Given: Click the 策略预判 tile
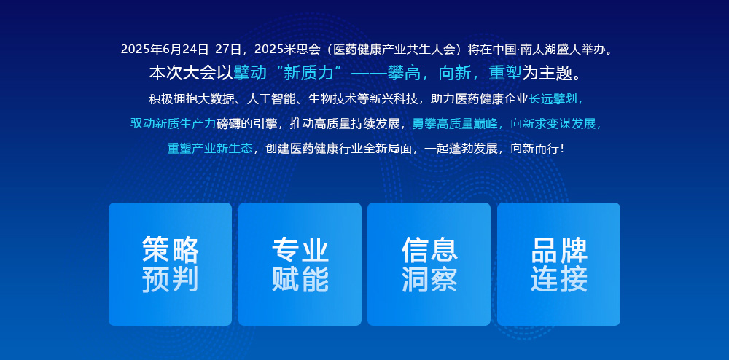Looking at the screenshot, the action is [x=170, y=264].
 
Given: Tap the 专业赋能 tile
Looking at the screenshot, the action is [x=300, y=264].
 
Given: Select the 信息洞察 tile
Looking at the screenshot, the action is [x=429, y=264].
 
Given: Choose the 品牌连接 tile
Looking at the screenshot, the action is [x=559, y=264].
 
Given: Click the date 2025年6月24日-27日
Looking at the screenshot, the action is [x=181, y=49].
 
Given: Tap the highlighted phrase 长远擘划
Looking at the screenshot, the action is [x=553, y=99].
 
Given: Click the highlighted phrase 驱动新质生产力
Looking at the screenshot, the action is [x=173, y=124].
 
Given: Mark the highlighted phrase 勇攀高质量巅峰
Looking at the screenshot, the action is [x=455, y=124].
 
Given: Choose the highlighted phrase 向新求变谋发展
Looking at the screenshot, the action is [x=553, y=124].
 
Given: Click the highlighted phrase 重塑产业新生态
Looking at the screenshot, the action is [x=210, y=148].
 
